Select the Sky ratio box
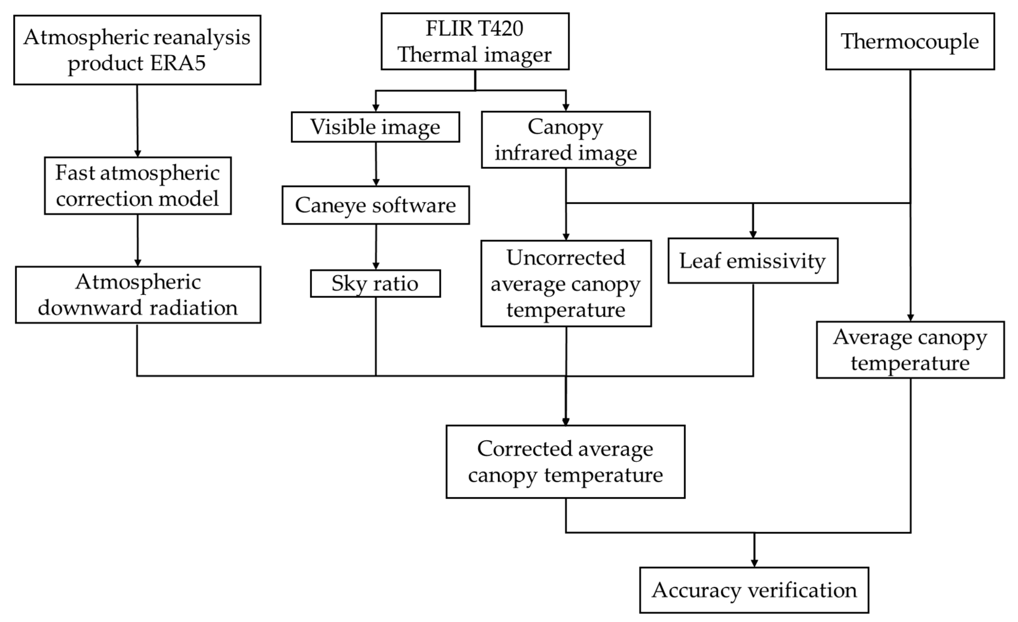375,284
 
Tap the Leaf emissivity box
753,261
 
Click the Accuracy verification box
754,590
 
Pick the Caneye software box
375,205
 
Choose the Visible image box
375,127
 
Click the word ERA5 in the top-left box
178,63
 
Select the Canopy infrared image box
566,140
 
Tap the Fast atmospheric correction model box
138,186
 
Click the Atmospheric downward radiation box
138,295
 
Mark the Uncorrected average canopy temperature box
566,284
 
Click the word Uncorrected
566,258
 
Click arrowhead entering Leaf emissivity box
753,234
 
